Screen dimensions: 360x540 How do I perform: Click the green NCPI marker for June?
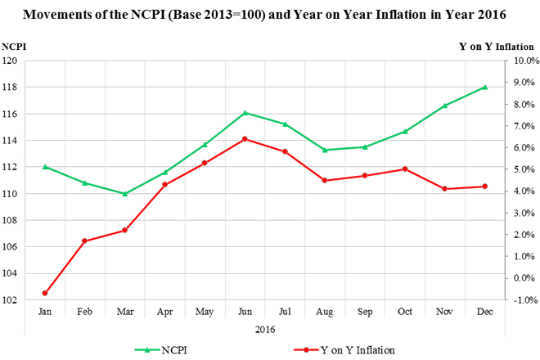[245, 113]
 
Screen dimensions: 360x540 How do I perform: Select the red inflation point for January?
[45, 293]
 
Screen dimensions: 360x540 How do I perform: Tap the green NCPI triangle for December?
[485, 87]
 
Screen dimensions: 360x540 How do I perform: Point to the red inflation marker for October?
[405, 169]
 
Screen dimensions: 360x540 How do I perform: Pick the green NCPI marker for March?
[124, 194]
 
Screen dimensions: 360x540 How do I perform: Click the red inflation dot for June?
[245, 139]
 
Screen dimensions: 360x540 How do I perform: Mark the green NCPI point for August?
[325, 150]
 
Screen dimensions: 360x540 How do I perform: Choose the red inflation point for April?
[164, 185]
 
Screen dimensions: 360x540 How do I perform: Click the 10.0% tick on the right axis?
[524, 61]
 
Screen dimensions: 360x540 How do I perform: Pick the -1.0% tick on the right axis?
[524, 300]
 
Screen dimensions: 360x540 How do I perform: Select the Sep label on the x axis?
[365, 312]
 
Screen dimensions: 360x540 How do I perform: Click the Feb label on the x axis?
[84, 312]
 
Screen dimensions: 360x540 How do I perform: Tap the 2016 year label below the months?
[264, 329]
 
